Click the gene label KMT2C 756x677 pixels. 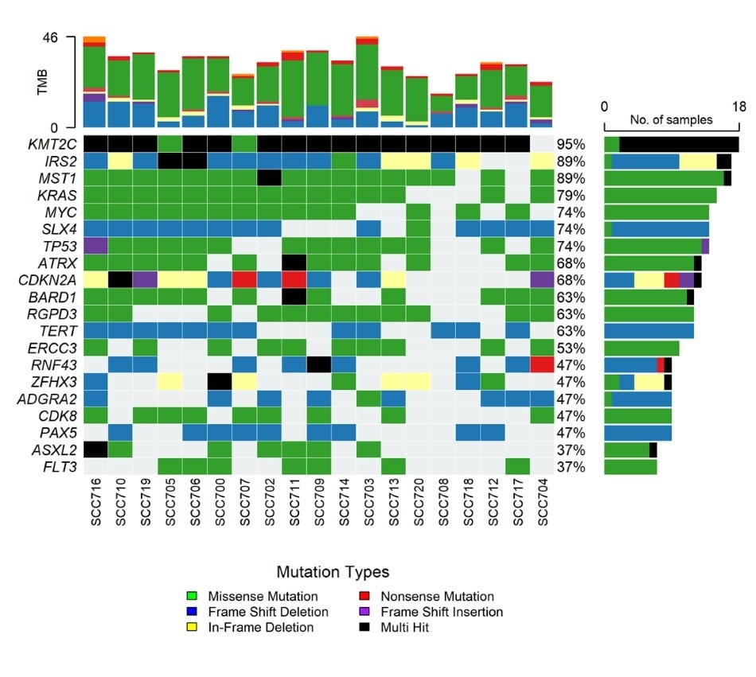[53, 144]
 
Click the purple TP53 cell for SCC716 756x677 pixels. [95, 246]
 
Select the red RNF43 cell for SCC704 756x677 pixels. [541, 364]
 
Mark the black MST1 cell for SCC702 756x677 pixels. [268, 178]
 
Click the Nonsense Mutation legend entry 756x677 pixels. [437, 596]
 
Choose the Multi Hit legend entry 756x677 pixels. [409, 628]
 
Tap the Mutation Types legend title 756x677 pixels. [333, 572]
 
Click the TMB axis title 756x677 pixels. [43, 83]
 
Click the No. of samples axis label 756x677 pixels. [671, 120]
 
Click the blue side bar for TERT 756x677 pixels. [649, 331]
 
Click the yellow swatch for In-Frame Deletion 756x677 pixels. [191, 628]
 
